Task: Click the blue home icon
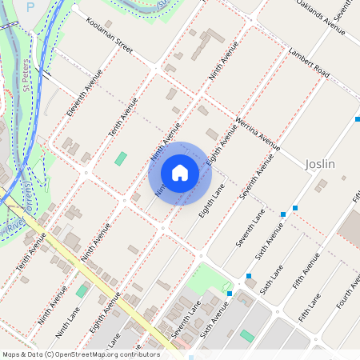click(180, 173)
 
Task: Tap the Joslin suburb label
click(319, 164)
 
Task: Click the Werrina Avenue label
click(258, 134)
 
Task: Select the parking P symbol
click(30, 6)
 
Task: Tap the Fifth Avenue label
click(306, 270)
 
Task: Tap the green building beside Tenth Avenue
click(120, 158)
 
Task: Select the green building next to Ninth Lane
click(81, 290)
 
